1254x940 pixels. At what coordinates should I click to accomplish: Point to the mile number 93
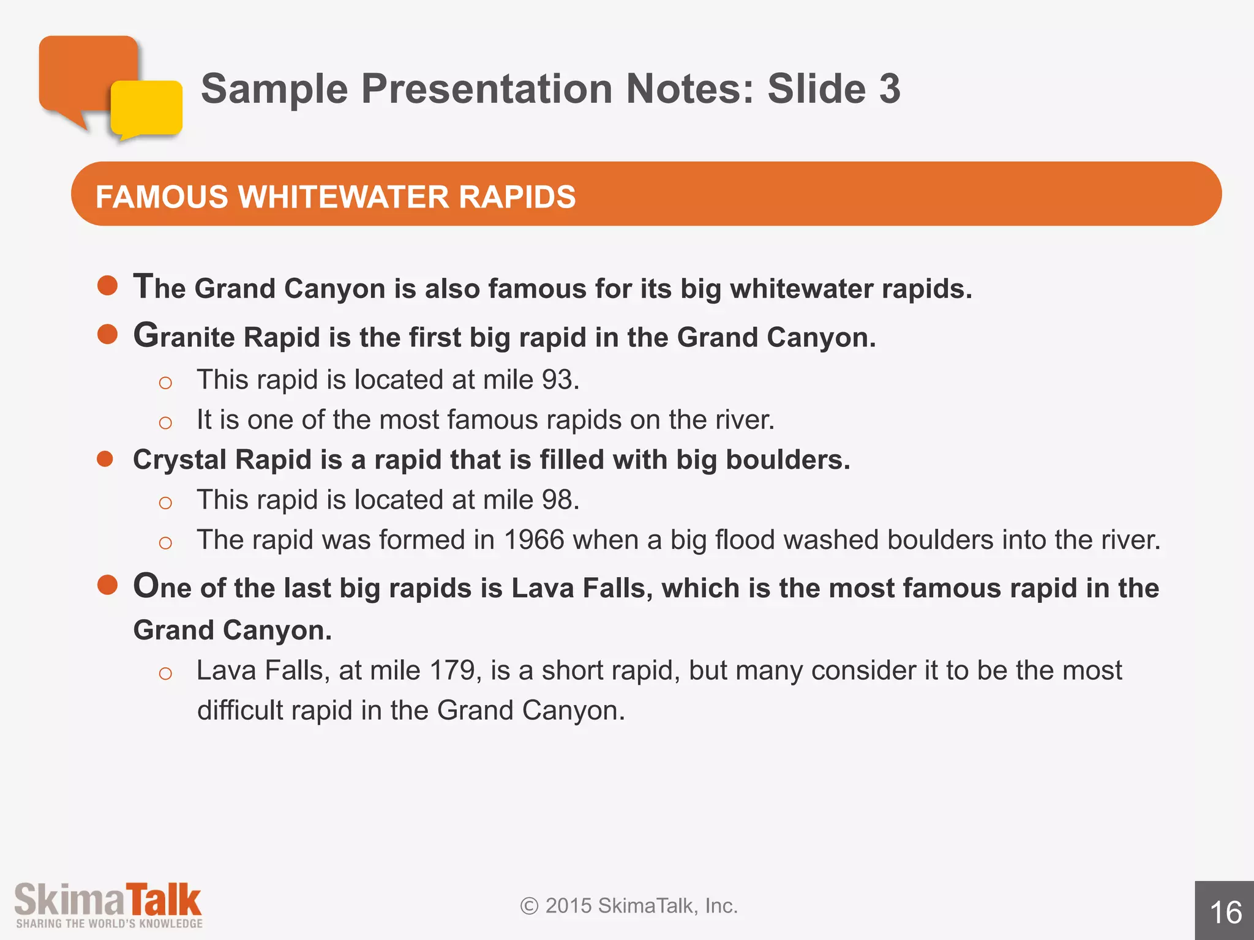click(x=556, y=380)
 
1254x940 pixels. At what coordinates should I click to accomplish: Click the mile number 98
click(x=556, y=500)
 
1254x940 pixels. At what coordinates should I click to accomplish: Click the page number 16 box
click(x=1225, y=911)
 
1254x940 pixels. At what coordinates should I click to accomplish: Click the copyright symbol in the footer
click(x=529, y=906)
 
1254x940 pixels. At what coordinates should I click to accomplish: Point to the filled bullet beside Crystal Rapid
click(x=105, y=459)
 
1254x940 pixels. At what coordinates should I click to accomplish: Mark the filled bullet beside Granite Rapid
click(x=108, y=334)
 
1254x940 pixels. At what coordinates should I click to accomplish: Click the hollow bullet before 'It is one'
click(x=165, y=422)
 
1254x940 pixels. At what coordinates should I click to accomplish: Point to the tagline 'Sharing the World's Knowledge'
click(x=109, y=923)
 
